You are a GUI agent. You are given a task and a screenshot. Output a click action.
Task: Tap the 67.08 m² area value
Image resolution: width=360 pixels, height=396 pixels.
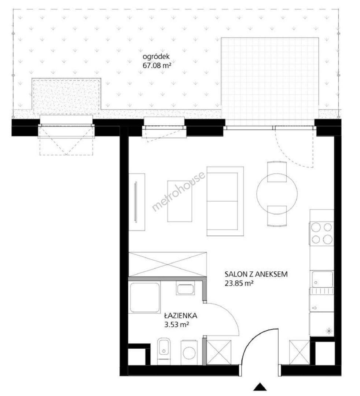click(x=157, y=66)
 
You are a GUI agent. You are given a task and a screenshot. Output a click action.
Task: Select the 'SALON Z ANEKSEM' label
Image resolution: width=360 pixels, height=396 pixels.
click(x=256, y=274)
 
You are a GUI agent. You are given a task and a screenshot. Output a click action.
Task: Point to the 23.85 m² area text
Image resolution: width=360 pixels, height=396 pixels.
click(x=239, y=283)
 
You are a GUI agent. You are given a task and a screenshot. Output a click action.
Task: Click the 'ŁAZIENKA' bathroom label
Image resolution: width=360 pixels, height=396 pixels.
click(x=180, y=315)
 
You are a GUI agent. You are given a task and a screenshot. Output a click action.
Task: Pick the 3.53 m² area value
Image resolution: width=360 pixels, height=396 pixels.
click(x=177, y=324)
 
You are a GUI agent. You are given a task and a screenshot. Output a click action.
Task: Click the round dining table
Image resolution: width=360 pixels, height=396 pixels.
click(x=277, y=194)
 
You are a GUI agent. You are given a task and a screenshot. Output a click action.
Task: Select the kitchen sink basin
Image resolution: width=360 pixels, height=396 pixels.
click(x=322, y=279)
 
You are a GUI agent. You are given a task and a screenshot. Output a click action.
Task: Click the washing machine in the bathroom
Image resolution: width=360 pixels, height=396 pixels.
click(x=189, y=353)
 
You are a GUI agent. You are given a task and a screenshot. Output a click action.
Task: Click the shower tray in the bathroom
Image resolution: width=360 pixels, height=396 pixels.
click(x=145, y=298)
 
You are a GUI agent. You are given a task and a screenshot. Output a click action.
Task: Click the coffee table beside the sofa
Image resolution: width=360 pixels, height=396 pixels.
click(x=180, y=201)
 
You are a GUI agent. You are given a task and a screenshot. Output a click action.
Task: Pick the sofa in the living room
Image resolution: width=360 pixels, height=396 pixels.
click(x=225, y=201)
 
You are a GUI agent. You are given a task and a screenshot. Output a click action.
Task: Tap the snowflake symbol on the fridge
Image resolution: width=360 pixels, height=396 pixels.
click(x=329, y=331)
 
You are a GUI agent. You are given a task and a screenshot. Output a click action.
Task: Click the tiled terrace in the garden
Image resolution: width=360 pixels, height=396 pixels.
click(x=269, y=82)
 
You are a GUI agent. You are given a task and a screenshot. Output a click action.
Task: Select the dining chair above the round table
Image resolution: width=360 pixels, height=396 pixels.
click(x=277, y=172)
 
